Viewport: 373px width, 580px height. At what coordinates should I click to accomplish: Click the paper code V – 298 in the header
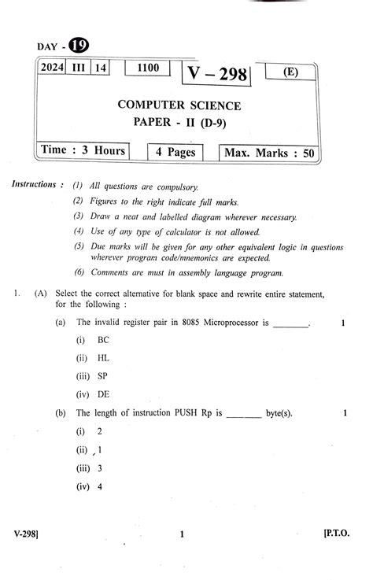pos(216,74)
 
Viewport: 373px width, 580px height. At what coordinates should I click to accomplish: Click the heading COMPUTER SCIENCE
pos(179,105)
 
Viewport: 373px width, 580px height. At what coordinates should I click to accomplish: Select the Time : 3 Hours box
pos(83,150)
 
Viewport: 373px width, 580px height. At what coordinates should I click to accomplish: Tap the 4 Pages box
pos(175,151)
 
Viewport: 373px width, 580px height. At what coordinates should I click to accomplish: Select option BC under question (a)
pos(103,340)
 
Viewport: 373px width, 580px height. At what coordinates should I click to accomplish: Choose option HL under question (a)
pos(103,357)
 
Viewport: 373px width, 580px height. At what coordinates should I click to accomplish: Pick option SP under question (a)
pos(103,375)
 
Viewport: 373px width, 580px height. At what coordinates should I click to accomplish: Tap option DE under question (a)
pos(103,394)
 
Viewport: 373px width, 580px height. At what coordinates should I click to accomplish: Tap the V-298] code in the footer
pos(27,534)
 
